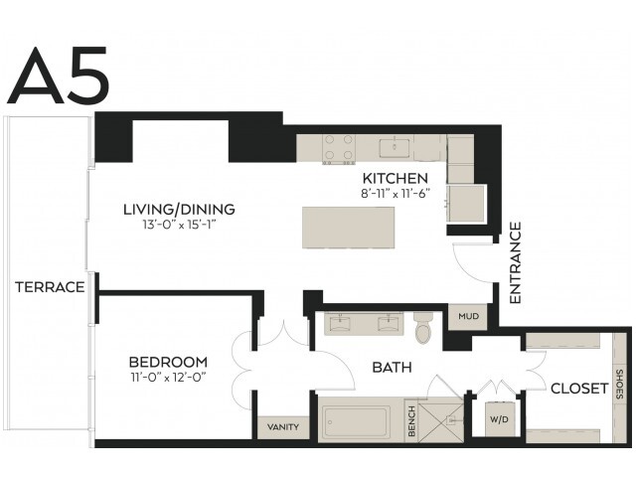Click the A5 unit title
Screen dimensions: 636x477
tap(58, 76)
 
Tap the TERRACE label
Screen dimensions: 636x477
tap(50, 287)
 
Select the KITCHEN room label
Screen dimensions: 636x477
tap(396, 179)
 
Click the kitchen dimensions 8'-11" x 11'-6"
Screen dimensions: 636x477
tap(396, 194)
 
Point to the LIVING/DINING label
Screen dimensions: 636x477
tap(179, 210)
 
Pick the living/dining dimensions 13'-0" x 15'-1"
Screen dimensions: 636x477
tap(179, 225)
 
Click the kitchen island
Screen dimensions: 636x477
tap(349, 228)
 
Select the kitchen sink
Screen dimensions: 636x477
tap(395, 148)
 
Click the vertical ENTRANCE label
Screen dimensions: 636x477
tap(515, 262)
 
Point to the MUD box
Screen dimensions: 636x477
tap(468, 316)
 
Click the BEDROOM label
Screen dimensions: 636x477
tap(168, 362)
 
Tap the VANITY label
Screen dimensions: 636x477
tap(283, 426)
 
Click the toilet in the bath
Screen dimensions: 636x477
tap(424, 327)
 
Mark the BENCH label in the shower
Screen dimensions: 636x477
tap(411, 421)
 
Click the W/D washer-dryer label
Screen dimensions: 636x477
tap(499, 419)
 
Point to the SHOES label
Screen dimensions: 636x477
tap(619, 384)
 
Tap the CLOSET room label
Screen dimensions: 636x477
tap(579, 389)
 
